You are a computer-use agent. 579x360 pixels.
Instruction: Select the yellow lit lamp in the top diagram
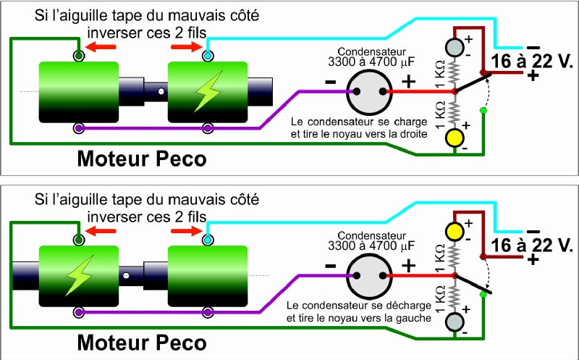pos(454,136)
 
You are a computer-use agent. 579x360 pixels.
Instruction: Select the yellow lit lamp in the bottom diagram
pos(454,231)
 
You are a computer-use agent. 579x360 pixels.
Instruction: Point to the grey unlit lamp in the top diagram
pos(454,46)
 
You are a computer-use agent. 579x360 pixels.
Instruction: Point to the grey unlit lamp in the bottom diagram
pos(454,321)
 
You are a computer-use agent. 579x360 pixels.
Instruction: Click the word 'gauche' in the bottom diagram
pos(410,318)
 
